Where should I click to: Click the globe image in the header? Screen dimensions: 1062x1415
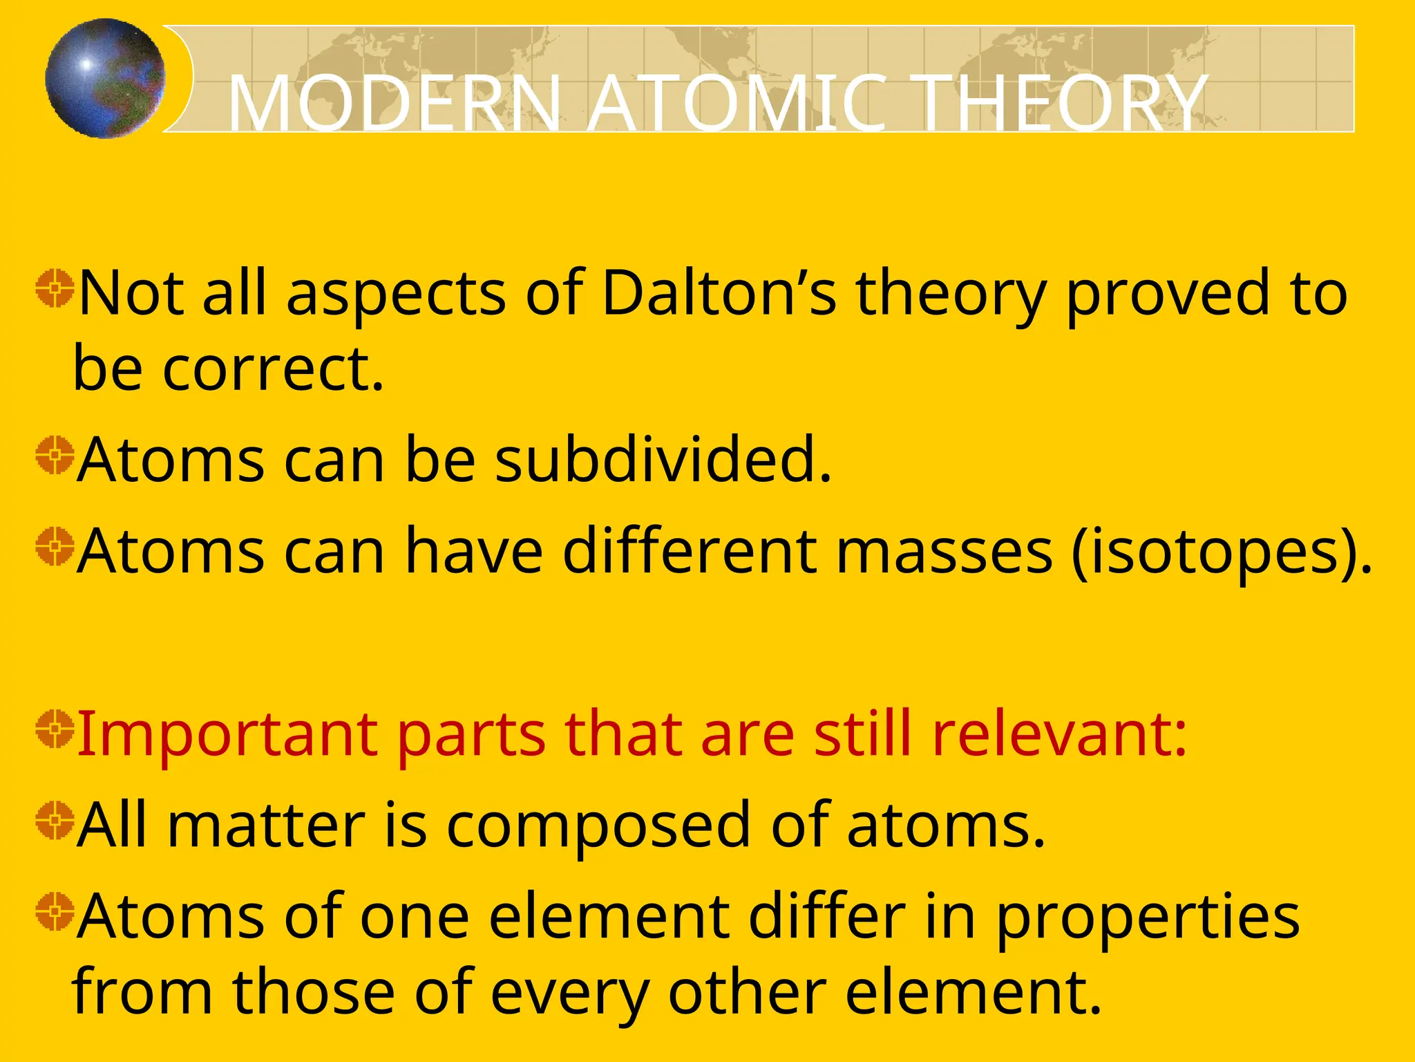[x=105, y=78]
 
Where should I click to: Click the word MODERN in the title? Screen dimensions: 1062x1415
[x=395, y=104]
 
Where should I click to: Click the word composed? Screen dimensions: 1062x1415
[x=598, y=826]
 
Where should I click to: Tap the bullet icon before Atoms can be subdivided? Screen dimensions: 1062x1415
[x=55, y=455]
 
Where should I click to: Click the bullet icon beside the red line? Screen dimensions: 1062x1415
[x=55, y=729]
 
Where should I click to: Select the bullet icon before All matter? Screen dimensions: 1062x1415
[x=55, y=820]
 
